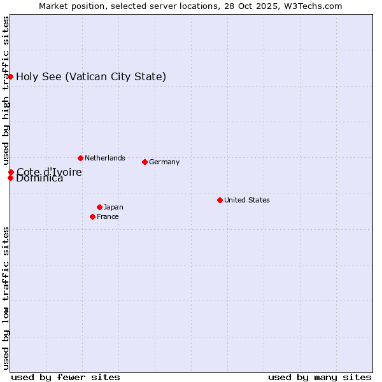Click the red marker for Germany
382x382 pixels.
[x=145, y=162]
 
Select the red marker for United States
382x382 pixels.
[x=220, y=200]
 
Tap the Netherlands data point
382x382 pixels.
[x=80, y=158]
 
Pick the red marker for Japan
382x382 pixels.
[x=99, y=207]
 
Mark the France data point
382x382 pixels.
[x=93, y=216]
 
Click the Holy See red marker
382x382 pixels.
[x=11, y=76]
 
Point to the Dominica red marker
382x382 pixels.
[x=11, y=178]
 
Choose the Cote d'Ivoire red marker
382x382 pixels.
[x=11, y=172]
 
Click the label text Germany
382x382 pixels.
[x=164, y=162]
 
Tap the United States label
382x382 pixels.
[x=247, y=200]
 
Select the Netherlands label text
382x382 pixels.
[x=105, y=158]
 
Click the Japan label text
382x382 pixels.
[x=113, y=207]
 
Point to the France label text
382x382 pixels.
[x=108, y=216]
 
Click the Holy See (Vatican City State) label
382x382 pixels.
[x=91, y=77]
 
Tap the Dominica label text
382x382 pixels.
[x=39, y=179]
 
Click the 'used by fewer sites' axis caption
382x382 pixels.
[x=66, y=377]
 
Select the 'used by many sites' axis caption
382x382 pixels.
[x=320, y=377]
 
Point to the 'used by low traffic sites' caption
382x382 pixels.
[x=6, y=298]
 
